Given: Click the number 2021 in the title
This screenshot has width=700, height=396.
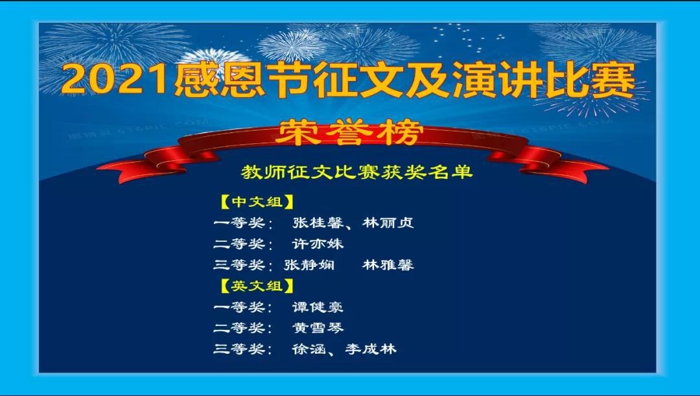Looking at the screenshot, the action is pyautogui.click(x=117, y=80).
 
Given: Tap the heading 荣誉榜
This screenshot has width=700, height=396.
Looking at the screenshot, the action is pyautogui.click(x=349, y=133).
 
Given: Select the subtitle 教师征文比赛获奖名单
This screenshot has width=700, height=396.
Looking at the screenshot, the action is pyautogui.click(x=356, y=172).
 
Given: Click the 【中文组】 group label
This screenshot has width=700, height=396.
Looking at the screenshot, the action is pyautogui.click(x=257, y=202).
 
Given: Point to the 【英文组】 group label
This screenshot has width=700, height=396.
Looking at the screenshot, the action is pyautogui.click(x=257, y=286).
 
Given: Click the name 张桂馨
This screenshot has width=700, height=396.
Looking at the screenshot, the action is pyautogui.click(x=318, y=223).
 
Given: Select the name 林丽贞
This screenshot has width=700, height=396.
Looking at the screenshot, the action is pyautogui.click(x=388, y=223).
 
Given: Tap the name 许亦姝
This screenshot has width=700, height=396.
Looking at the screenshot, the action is pyautogui.click(x=318, y=244).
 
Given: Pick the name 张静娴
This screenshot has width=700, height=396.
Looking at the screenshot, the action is pyautogui.click(x=309, y=264).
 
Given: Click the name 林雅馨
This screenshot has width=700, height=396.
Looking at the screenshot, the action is pyautogui.click(x=388, y=264).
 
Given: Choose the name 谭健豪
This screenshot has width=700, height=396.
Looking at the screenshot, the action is pyautogui.click(x=318, y=307).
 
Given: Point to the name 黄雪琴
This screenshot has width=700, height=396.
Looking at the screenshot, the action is pyautogui.click(x=318, y=328).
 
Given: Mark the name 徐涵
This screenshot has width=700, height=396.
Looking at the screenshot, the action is pyautogui.click(x=309, y=349).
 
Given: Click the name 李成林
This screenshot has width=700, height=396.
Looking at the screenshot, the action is pyautogui.click(x=371, y=349).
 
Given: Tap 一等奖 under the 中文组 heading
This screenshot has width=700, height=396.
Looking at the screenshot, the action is pyautogui.click(x=239, y=223).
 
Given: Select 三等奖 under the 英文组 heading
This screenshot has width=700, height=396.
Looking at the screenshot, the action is pyautogui.click(x=239, y=349).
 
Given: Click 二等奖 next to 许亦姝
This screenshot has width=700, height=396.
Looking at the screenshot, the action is pyautogui.click(x=239, y=244).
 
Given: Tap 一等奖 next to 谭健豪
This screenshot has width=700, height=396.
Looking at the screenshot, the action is pyautogui.click(x=239, y=307).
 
